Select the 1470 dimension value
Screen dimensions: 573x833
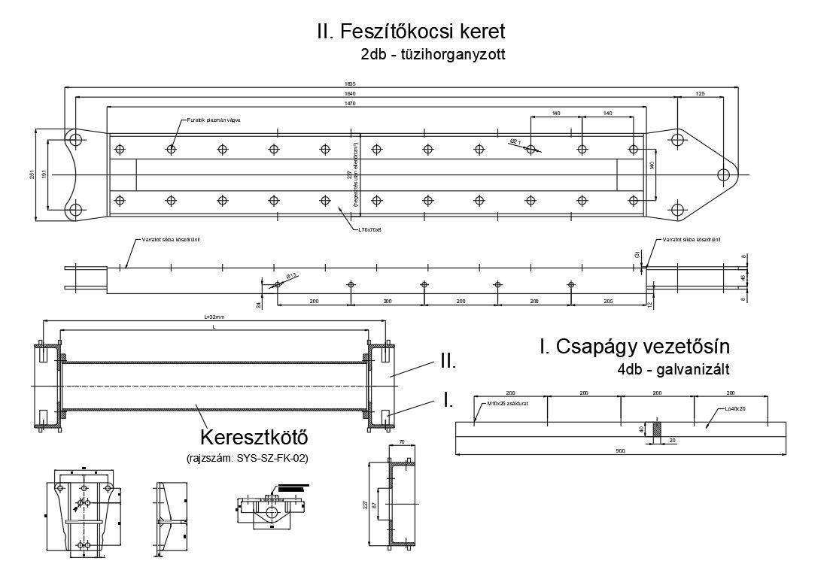coord(370,103)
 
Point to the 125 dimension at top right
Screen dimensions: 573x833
coord(701,93)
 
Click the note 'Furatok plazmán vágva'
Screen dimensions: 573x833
coord(218,120)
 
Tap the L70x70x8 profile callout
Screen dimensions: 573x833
coord(370,229)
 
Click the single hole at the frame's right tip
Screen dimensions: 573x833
coord(723,175)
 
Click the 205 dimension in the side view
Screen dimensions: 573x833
coord(608,300)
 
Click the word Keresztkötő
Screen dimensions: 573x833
coord(254,437)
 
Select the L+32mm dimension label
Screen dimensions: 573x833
coord(214,318)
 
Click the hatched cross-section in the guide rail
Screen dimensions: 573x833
coord(655,431)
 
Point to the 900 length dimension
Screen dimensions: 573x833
coord(621,450)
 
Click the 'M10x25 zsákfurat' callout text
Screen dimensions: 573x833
coord(506,403)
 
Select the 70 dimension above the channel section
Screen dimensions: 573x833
coord(402,443)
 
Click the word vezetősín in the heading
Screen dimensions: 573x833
coord(682,347)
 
